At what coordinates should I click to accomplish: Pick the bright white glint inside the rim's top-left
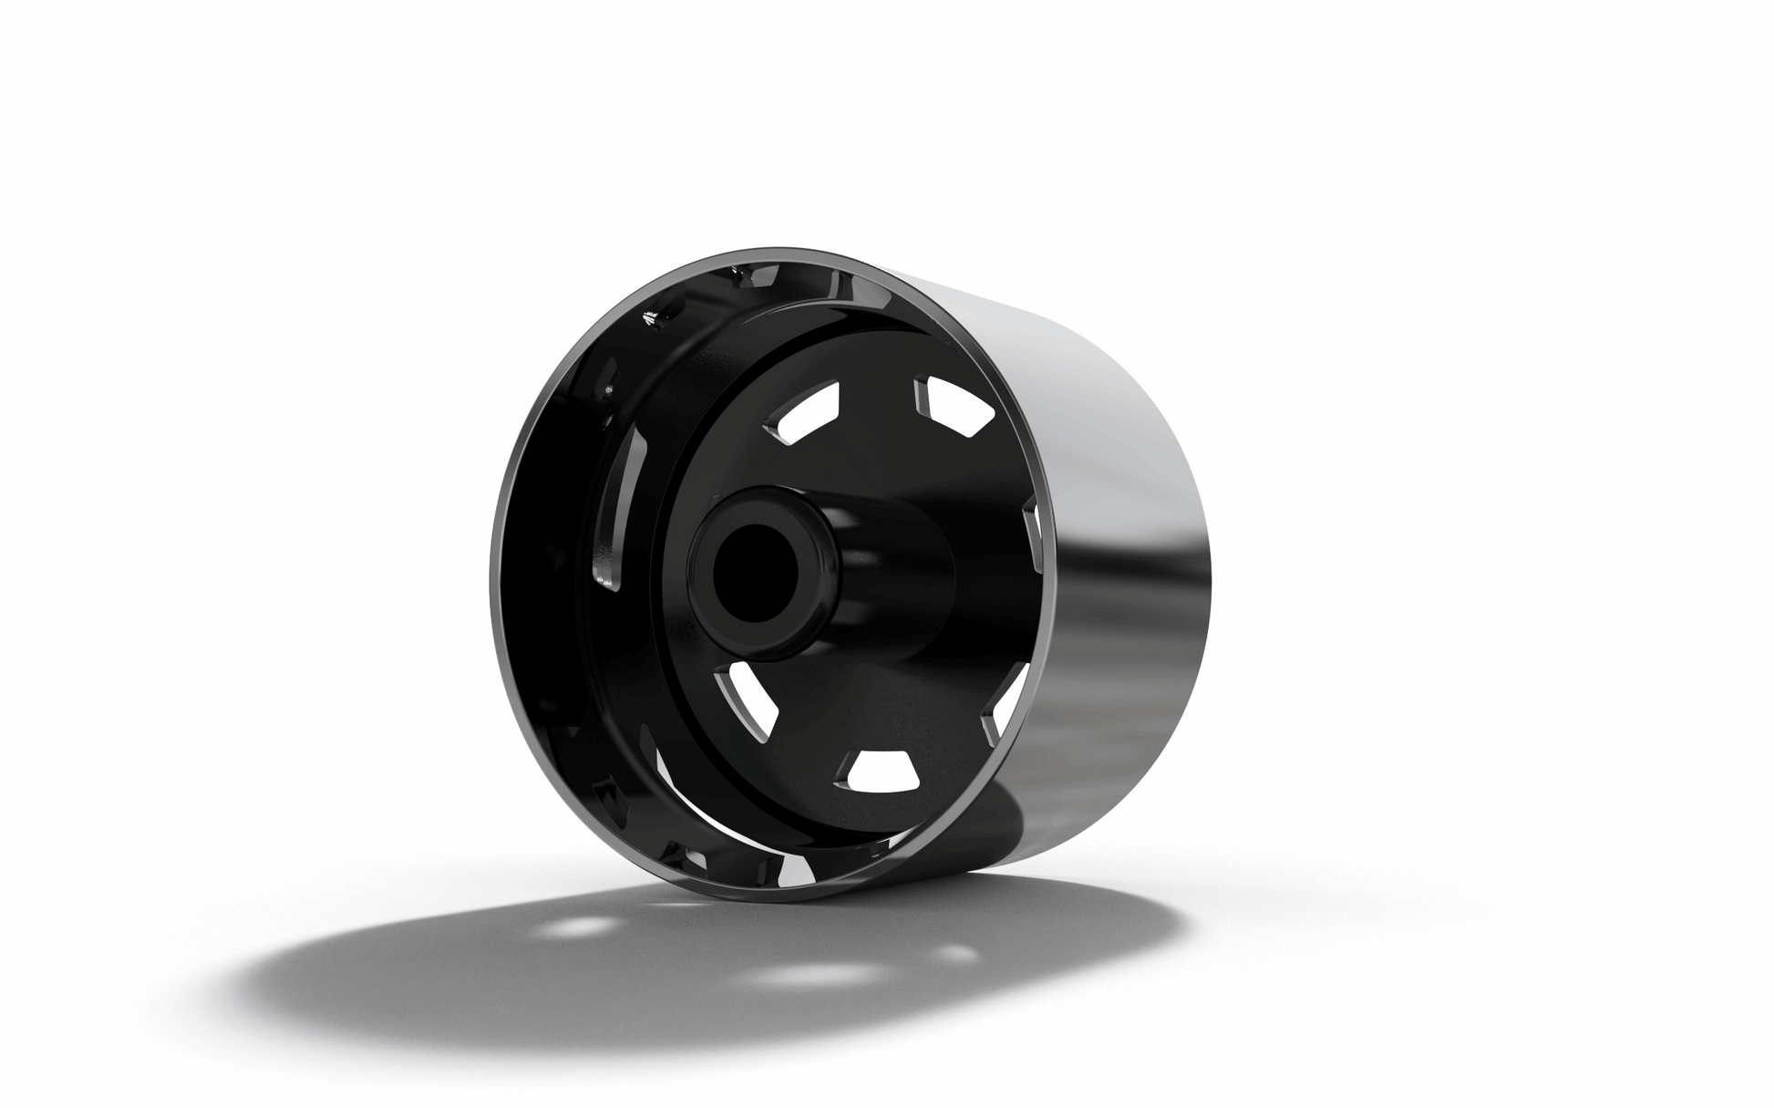650,317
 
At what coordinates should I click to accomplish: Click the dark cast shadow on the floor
410,967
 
